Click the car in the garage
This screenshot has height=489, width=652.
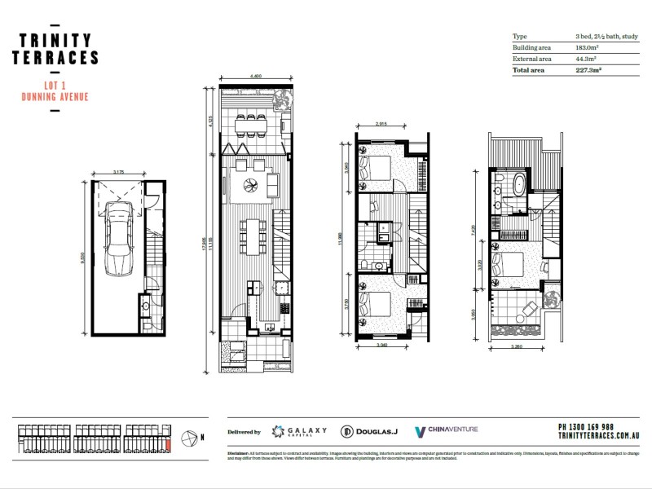119,238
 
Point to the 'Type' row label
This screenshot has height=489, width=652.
519,37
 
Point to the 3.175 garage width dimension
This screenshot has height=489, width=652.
123,172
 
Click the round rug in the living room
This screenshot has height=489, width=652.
249,188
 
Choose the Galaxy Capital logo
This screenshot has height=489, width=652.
298,430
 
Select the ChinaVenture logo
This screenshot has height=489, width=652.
447,430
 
